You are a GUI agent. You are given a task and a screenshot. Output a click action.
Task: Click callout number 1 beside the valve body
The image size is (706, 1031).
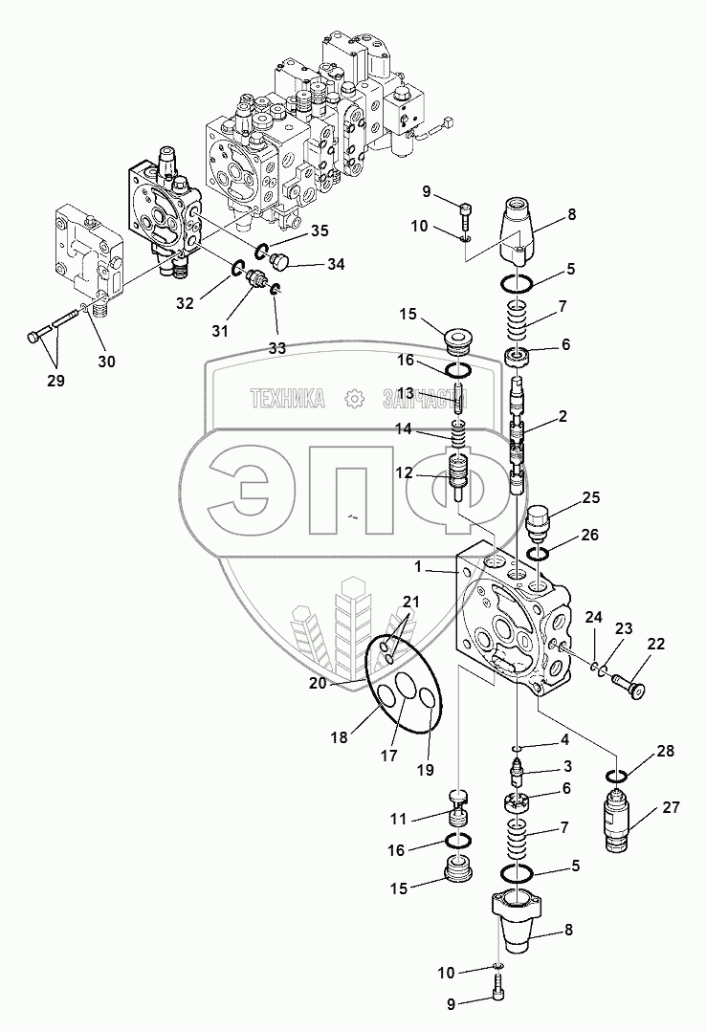417,566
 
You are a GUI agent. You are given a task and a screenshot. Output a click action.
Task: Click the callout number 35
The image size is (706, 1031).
319,230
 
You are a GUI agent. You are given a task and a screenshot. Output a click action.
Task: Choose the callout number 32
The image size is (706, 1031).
184,303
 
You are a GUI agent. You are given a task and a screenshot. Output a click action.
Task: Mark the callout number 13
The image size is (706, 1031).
406,393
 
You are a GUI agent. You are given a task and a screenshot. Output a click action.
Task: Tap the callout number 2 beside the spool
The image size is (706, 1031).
563,416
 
